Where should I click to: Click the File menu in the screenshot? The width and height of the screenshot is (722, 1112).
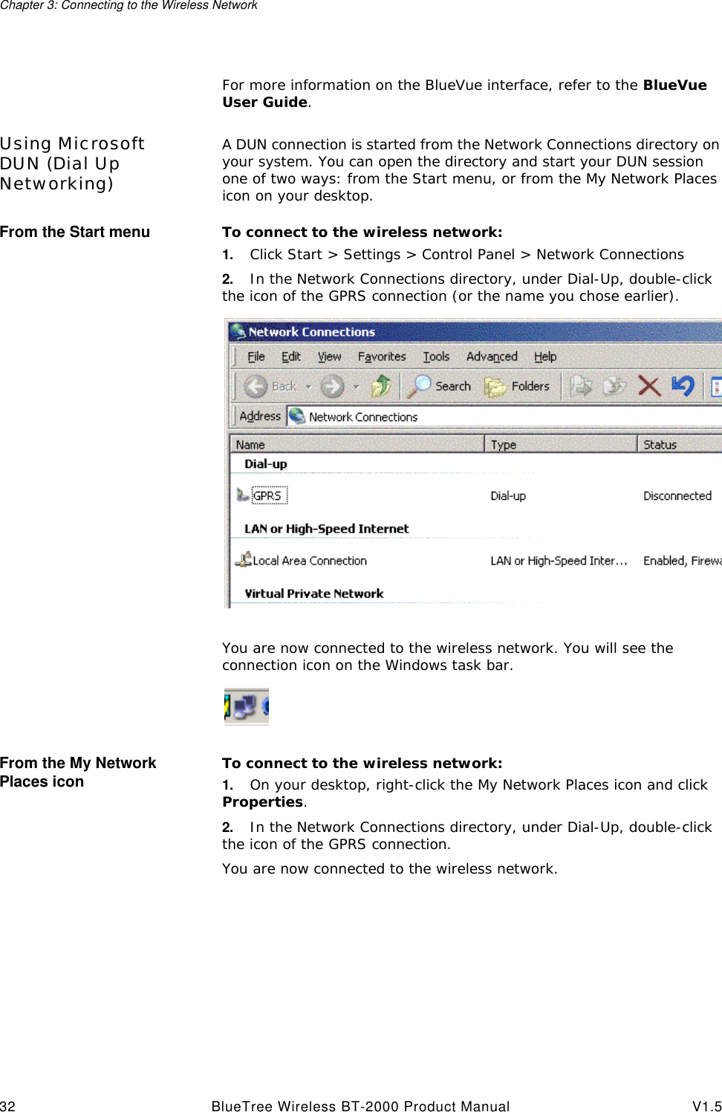click(256, 357)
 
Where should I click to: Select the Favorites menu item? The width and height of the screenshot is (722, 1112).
click(381, 357)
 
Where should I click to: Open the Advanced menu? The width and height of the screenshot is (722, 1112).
click(491, 357)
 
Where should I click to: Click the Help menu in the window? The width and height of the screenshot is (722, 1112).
click(544, 357)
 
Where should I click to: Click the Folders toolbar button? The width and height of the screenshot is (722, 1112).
click(518, 386)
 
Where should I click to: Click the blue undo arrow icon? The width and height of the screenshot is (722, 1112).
click(682, 386)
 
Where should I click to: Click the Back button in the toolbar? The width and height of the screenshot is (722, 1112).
click(272, 386)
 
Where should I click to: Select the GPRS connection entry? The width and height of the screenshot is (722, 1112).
click(267, 495)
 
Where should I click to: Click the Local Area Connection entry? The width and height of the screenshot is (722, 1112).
click(309, 561)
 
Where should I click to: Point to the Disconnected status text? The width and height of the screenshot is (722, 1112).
click(677, 495)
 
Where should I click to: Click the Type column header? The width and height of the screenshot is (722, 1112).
click(504, 444)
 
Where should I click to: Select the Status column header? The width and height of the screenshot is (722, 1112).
click(660, 444)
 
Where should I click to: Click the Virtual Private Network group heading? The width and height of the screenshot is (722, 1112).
click(313, 594)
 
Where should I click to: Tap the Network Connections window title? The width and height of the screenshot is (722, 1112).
click(311, 332)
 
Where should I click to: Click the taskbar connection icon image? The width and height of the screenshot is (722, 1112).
click(246, 706)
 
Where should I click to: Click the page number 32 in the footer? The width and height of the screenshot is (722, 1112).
click(7, 1106)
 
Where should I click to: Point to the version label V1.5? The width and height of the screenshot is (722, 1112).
click(706, 1106)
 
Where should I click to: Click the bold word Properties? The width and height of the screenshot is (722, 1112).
click(262, 802)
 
